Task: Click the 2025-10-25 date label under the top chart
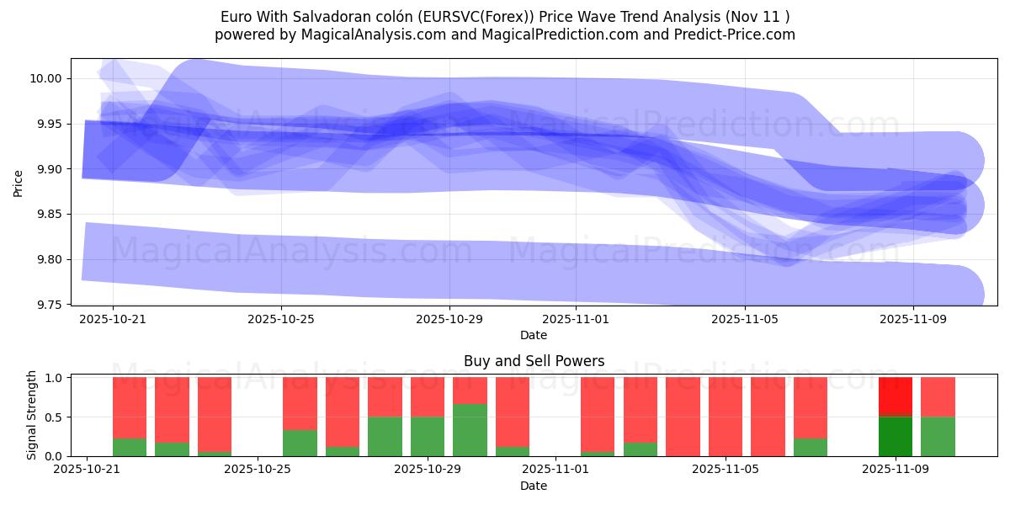point(281,320)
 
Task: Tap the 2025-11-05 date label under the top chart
point(744,320)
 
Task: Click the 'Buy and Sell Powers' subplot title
point(534,361)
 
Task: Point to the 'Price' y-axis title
point(19,182)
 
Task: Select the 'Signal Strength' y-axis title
point(32,415)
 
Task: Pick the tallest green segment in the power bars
point(470,430)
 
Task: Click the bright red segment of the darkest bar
point(895,396)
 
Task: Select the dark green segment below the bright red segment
point(895,436)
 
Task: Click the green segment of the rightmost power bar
point(938,436)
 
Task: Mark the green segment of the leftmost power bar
point(130,447)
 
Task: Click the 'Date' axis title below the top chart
point(534,335)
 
